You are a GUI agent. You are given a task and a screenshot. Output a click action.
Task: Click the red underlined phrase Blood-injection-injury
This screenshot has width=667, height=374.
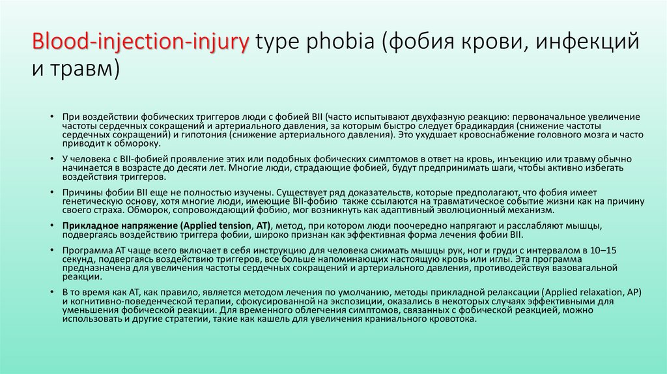[x=141, y=42]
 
